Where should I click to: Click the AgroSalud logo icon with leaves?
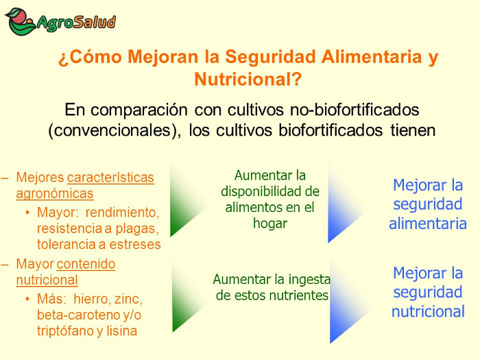click(20, 21)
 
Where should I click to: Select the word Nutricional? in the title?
click(248, 80)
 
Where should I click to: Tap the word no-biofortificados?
click(355, 110)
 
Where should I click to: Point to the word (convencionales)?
click(115, 131)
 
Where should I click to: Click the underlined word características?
click(110, 178)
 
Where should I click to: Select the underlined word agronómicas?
click(55, 194)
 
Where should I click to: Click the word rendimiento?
click(122, 213)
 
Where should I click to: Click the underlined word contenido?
click(86, 264)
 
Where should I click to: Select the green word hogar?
click(270, 224)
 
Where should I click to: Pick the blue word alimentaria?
click(428, 224)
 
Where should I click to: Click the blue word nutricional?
click(428, 311)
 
